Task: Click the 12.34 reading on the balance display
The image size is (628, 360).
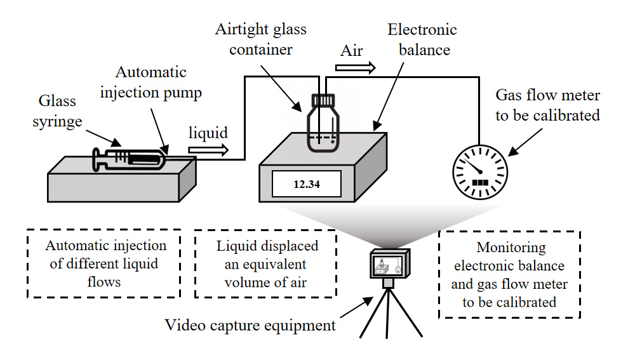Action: point(307,185)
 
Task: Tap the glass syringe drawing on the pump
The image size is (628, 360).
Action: point(130,159)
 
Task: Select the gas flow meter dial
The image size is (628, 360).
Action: point(479,171)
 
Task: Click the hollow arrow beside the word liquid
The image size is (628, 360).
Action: point(208,150)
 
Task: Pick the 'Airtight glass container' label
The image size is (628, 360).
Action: point(260,39)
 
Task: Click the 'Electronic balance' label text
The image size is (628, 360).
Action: point(422,39)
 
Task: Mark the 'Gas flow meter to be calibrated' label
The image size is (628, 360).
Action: point(547,105)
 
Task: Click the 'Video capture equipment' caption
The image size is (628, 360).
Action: point(250,326)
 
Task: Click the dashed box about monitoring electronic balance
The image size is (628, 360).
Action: point(509,274)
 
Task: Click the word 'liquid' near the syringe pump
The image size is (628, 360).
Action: point(208,133)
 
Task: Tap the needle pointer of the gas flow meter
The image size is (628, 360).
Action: point(473,165)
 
